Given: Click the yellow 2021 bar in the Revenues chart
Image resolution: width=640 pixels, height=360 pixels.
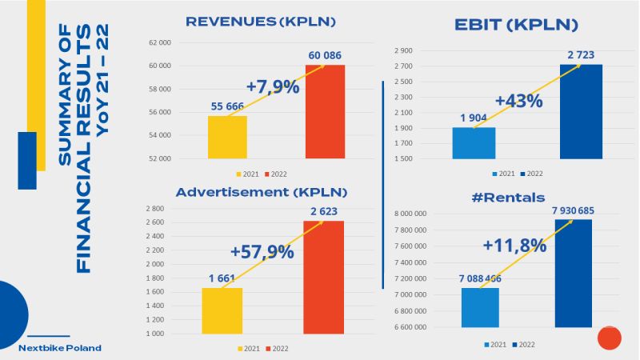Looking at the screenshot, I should click(x=227, y=137).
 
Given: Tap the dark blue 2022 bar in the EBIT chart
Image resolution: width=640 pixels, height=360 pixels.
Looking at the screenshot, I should click(x=581, y=111).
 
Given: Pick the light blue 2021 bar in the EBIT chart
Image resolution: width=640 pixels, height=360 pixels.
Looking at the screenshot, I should click(x=474, y=143).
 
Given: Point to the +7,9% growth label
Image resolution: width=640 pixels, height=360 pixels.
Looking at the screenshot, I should click(x=272, y=86).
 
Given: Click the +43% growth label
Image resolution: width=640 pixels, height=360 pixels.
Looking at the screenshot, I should click(x=518, y=101).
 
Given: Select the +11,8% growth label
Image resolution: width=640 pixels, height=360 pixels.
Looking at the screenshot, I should click(x=514, y=245).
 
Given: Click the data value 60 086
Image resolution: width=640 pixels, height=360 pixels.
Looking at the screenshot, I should click(x=324, y=55).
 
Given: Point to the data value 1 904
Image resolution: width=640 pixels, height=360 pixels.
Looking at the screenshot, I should click(x=474, y=118).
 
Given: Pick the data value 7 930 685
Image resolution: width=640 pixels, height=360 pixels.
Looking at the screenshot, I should click(x=573, y=210).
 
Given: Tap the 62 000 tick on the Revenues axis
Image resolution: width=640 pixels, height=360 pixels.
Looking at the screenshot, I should click(x=160, y=42).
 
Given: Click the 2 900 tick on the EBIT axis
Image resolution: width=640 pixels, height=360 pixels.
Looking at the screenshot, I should click(x=402, y=50).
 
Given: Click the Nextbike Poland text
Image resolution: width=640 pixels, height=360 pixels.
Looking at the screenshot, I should click(x=61, y=348).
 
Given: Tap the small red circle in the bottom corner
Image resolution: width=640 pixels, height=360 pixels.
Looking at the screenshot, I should click(x=610, y=338).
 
